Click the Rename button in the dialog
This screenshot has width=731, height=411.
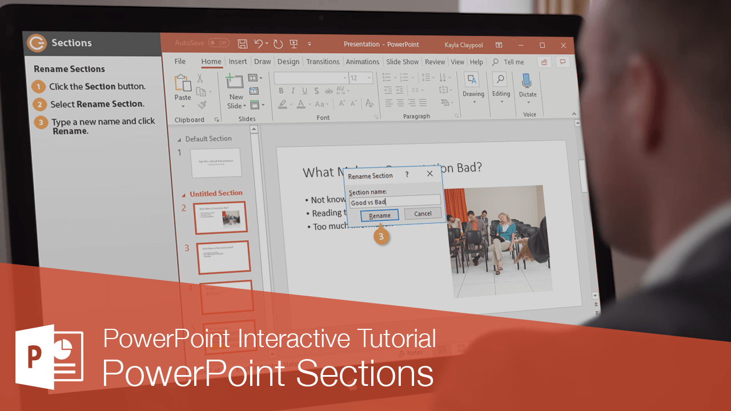(x=380, y=215)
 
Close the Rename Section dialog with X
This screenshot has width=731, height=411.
(x=430, y=174)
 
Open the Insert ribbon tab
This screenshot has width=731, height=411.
(x=238, y=62)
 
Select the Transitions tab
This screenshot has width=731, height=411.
(x=323, y=62)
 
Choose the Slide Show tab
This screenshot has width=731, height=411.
(x=402, y=62)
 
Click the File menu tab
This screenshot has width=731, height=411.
(x=180, y=62)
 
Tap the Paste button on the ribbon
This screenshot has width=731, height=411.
(x=183, y=88)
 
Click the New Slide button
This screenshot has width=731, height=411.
(x=235, y=91)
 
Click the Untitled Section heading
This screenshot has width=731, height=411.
(x=216, y=194)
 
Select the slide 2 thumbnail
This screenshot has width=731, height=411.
(x=220, y=217)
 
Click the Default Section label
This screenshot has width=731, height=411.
(x=208, y=139)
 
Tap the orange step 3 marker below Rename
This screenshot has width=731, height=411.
(x=382, y=235)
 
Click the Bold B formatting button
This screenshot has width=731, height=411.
(x=281, y=91)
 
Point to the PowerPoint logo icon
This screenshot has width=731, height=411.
(x=49, y=357)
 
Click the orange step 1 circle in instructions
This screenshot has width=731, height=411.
(x=39, y=87)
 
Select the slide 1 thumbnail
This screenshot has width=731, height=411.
(x=215, y=163)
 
